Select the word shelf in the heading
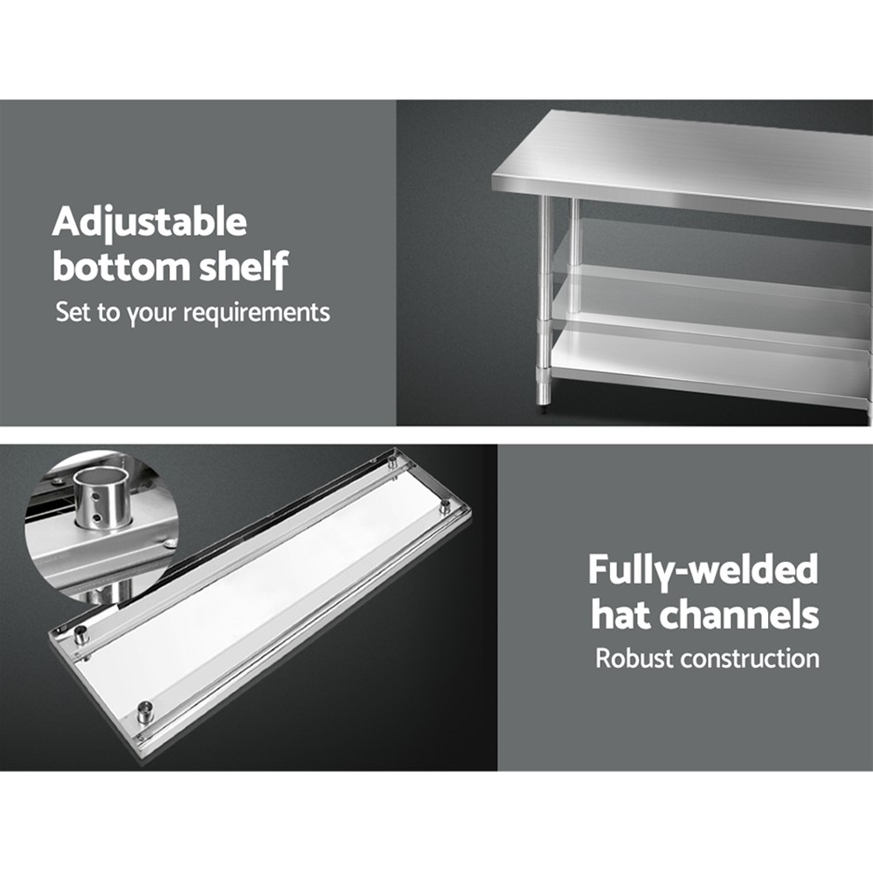(x=244, y=268)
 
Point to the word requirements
(x=257, y=313)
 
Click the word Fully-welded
(x=703, y=570)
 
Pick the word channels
(x=742, y=614)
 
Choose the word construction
(x=750, y=658)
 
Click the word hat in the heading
(x=625, y=614)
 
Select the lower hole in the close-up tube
(x=98, y=518)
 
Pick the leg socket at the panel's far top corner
(x=393, y=463)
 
